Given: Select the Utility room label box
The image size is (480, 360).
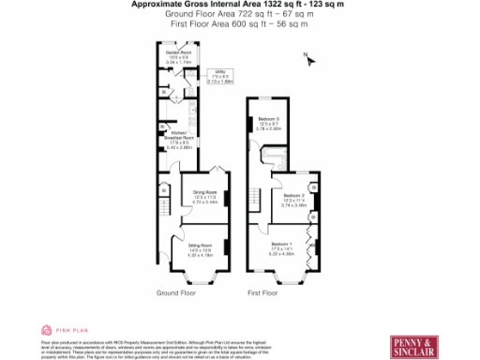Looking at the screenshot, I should point(227,76).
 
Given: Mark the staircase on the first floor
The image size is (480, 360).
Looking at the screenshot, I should point(253,197).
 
